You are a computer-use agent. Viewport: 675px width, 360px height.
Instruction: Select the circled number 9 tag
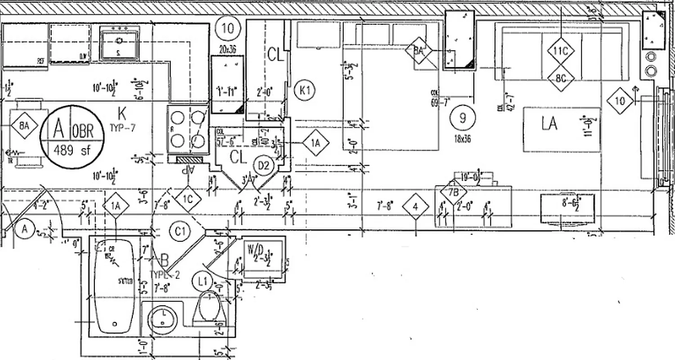[x=462, y=118]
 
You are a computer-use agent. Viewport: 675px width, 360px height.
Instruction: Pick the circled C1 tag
[x=180, y=232]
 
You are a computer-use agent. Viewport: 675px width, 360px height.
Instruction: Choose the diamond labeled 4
[x=415, y=207]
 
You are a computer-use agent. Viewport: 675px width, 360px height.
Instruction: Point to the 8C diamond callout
[x=561, y=78]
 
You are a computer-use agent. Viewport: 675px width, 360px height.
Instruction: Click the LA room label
[x=549, y=123]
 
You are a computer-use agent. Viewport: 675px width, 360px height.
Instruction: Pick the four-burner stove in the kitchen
[x=188, y=130]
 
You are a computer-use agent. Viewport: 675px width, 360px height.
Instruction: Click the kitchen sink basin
[x=120, y=43]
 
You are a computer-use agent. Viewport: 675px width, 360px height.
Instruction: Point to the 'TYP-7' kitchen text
[x=122, y=127]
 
